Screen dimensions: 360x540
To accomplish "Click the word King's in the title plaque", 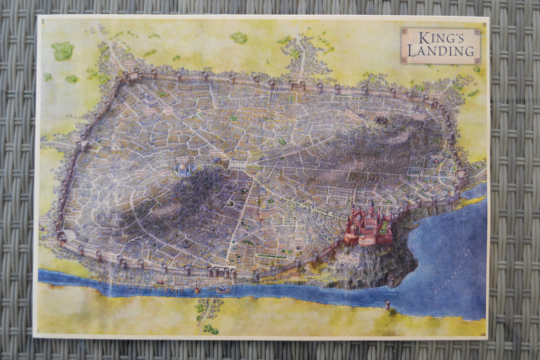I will pos(440,38).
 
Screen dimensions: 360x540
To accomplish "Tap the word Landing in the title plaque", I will pos(440,51).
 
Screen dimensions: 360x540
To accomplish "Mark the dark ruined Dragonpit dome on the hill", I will pos(381,120).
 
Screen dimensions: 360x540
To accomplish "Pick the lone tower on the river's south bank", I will pos(387,305).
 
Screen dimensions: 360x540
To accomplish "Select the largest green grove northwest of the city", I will pos(63,51).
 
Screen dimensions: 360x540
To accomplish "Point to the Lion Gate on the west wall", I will pos(82,145).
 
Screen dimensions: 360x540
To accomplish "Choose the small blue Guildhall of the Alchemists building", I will pos(216,160).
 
